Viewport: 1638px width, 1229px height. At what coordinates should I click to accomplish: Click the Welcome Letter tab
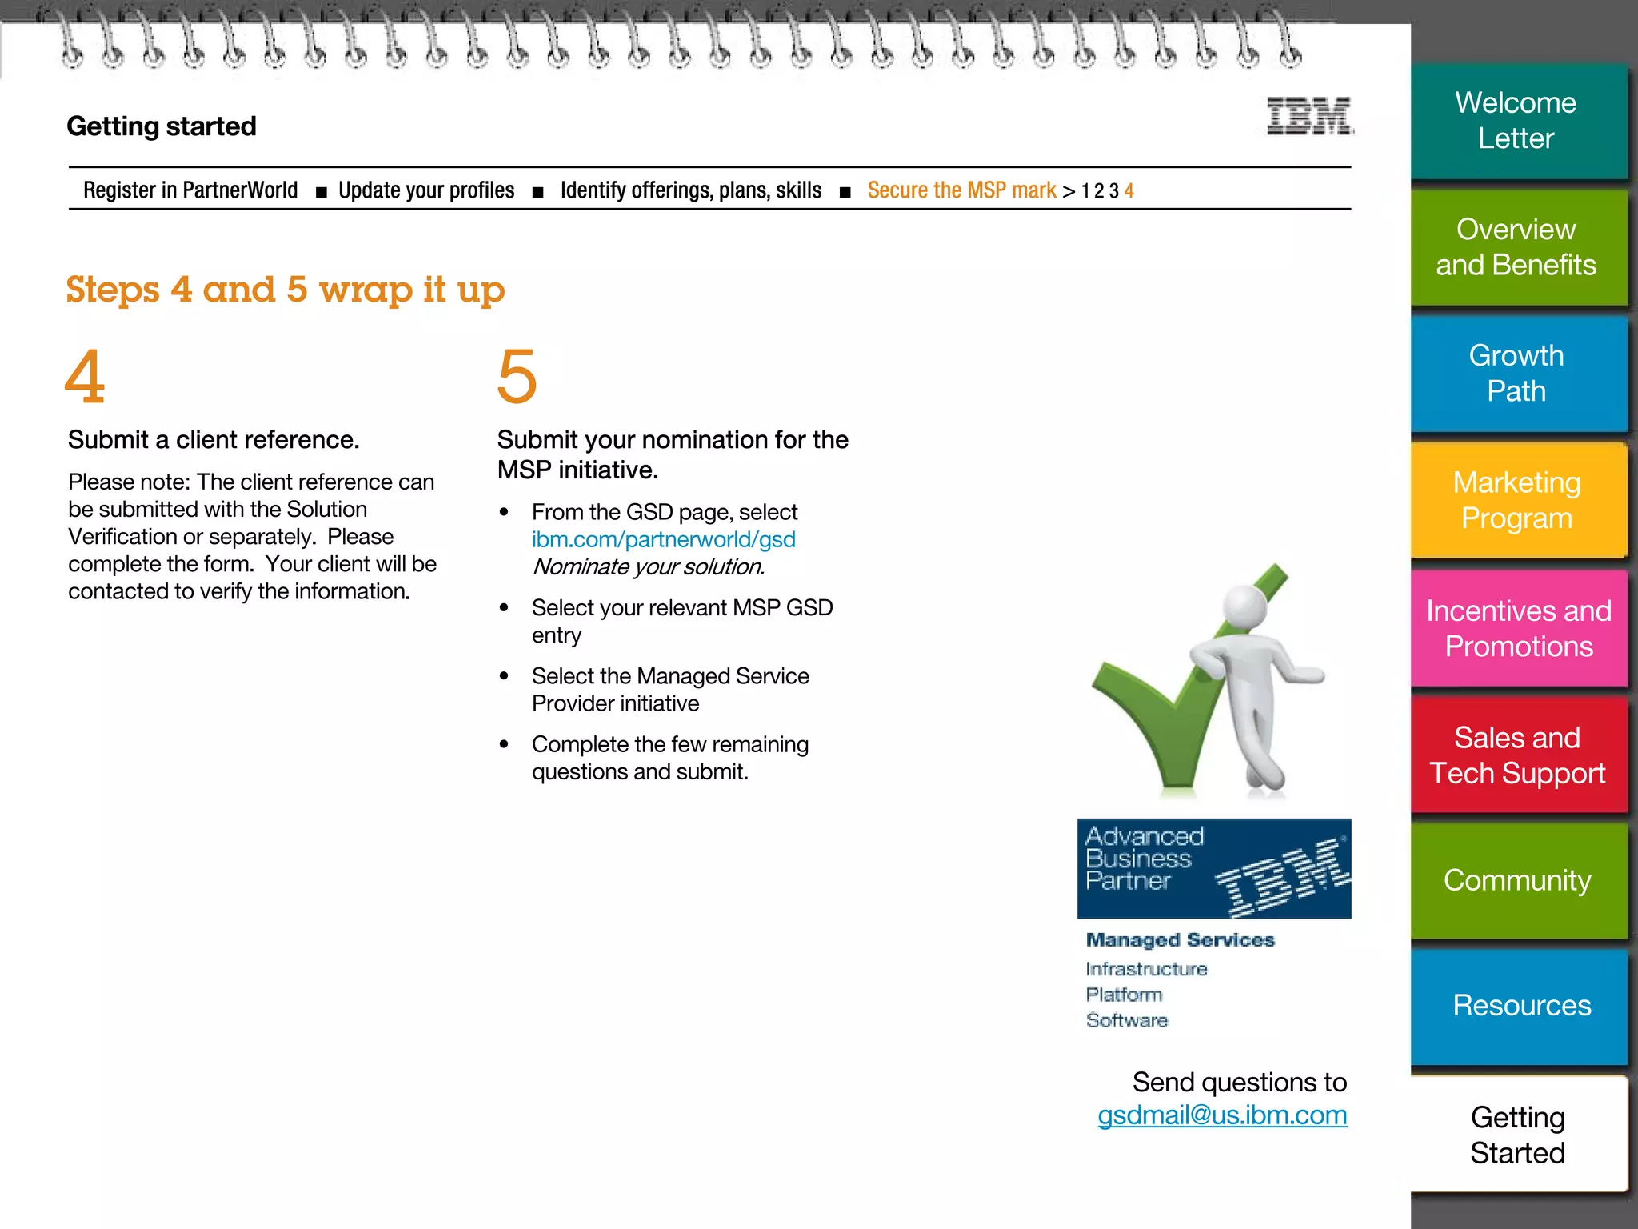1516,120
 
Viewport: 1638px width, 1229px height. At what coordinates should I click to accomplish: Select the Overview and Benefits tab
1516,246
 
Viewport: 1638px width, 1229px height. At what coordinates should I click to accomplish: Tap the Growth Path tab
1516,373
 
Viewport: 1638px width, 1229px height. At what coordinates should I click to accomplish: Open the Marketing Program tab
1516,500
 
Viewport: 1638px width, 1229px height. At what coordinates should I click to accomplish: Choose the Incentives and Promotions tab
1518,628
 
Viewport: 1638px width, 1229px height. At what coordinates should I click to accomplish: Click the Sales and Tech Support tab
1517,755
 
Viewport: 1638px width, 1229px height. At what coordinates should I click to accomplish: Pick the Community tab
1517,880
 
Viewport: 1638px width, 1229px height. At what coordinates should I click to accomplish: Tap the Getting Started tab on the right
1517,1135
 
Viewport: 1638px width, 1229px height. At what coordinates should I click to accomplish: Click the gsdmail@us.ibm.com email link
1221,1115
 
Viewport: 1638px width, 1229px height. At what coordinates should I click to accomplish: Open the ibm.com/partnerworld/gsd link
663,539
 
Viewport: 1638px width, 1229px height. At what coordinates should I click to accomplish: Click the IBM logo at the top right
1309,117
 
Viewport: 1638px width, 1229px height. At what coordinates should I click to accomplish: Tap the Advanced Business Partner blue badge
1213,868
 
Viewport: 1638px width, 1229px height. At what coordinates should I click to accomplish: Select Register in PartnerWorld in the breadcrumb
190,190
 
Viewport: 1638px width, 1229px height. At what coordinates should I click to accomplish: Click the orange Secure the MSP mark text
961,190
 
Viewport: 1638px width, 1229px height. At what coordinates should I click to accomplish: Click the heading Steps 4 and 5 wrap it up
286,290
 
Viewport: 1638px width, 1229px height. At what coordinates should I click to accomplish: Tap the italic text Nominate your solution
648,566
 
